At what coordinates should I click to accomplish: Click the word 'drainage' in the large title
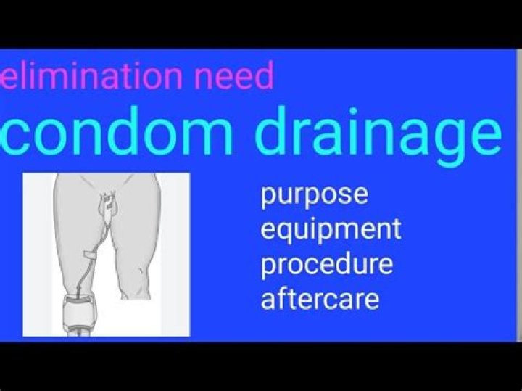coord(381,134)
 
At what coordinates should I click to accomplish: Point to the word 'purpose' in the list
coord(314,196)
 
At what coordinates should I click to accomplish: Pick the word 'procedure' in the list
coord(327,263)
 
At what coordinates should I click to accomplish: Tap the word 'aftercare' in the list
coord(320,297)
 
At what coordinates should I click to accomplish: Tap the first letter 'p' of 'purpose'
coord(269,198)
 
